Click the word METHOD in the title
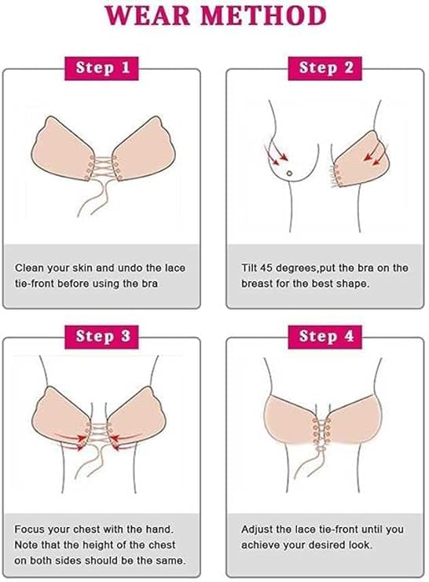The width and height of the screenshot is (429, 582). coord(263,16)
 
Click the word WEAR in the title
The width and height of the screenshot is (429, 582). coord(148,16)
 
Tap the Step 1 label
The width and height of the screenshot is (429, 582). coord(102,68)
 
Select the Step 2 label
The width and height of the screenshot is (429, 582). coord(325,68)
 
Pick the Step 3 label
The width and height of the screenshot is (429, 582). coord(102,337)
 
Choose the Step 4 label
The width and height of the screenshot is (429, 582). coord(325,337)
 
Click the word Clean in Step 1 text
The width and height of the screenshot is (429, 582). coord(29,268)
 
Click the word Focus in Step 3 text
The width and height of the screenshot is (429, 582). coord(30,529)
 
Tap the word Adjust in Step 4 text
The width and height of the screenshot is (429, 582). coord(257,529)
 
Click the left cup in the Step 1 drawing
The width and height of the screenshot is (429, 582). coord(62,148)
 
